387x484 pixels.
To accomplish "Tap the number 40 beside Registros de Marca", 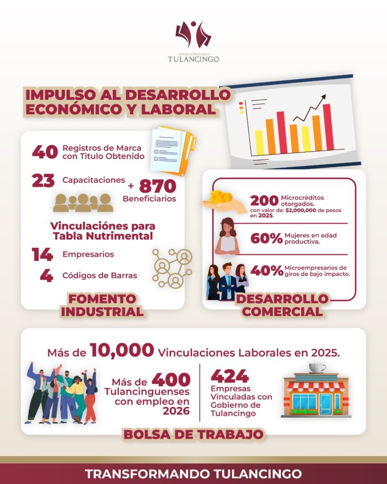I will [45, 152].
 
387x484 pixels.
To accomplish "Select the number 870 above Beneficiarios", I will [157, 185].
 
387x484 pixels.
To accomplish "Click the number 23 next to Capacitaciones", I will [43, 181].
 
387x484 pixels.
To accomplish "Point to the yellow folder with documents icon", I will [173, 151].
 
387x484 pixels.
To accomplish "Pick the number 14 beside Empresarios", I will [43, 254].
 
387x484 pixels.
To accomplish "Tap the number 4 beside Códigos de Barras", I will [46, 276].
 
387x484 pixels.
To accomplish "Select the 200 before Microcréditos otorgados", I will [264, 200].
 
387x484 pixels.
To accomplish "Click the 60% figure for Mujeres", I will [266, 238].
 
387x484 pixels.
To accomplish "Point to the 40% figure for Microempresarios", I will [267, 271].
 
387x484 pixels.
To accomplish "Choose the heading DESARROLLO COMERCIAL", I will [282, 305].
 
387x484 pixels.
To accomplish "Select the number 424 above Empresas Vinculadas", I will [230, 376].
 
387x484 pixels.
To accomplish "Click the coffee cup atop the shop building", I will [317, 368].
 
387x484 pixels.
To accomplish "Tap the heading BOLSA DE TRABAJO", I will [194, 433].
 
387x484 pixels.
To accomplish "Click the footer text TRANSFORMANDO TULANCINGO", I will [193, 474].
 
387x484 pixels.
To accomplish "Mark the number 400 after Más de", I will [171, 379].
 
